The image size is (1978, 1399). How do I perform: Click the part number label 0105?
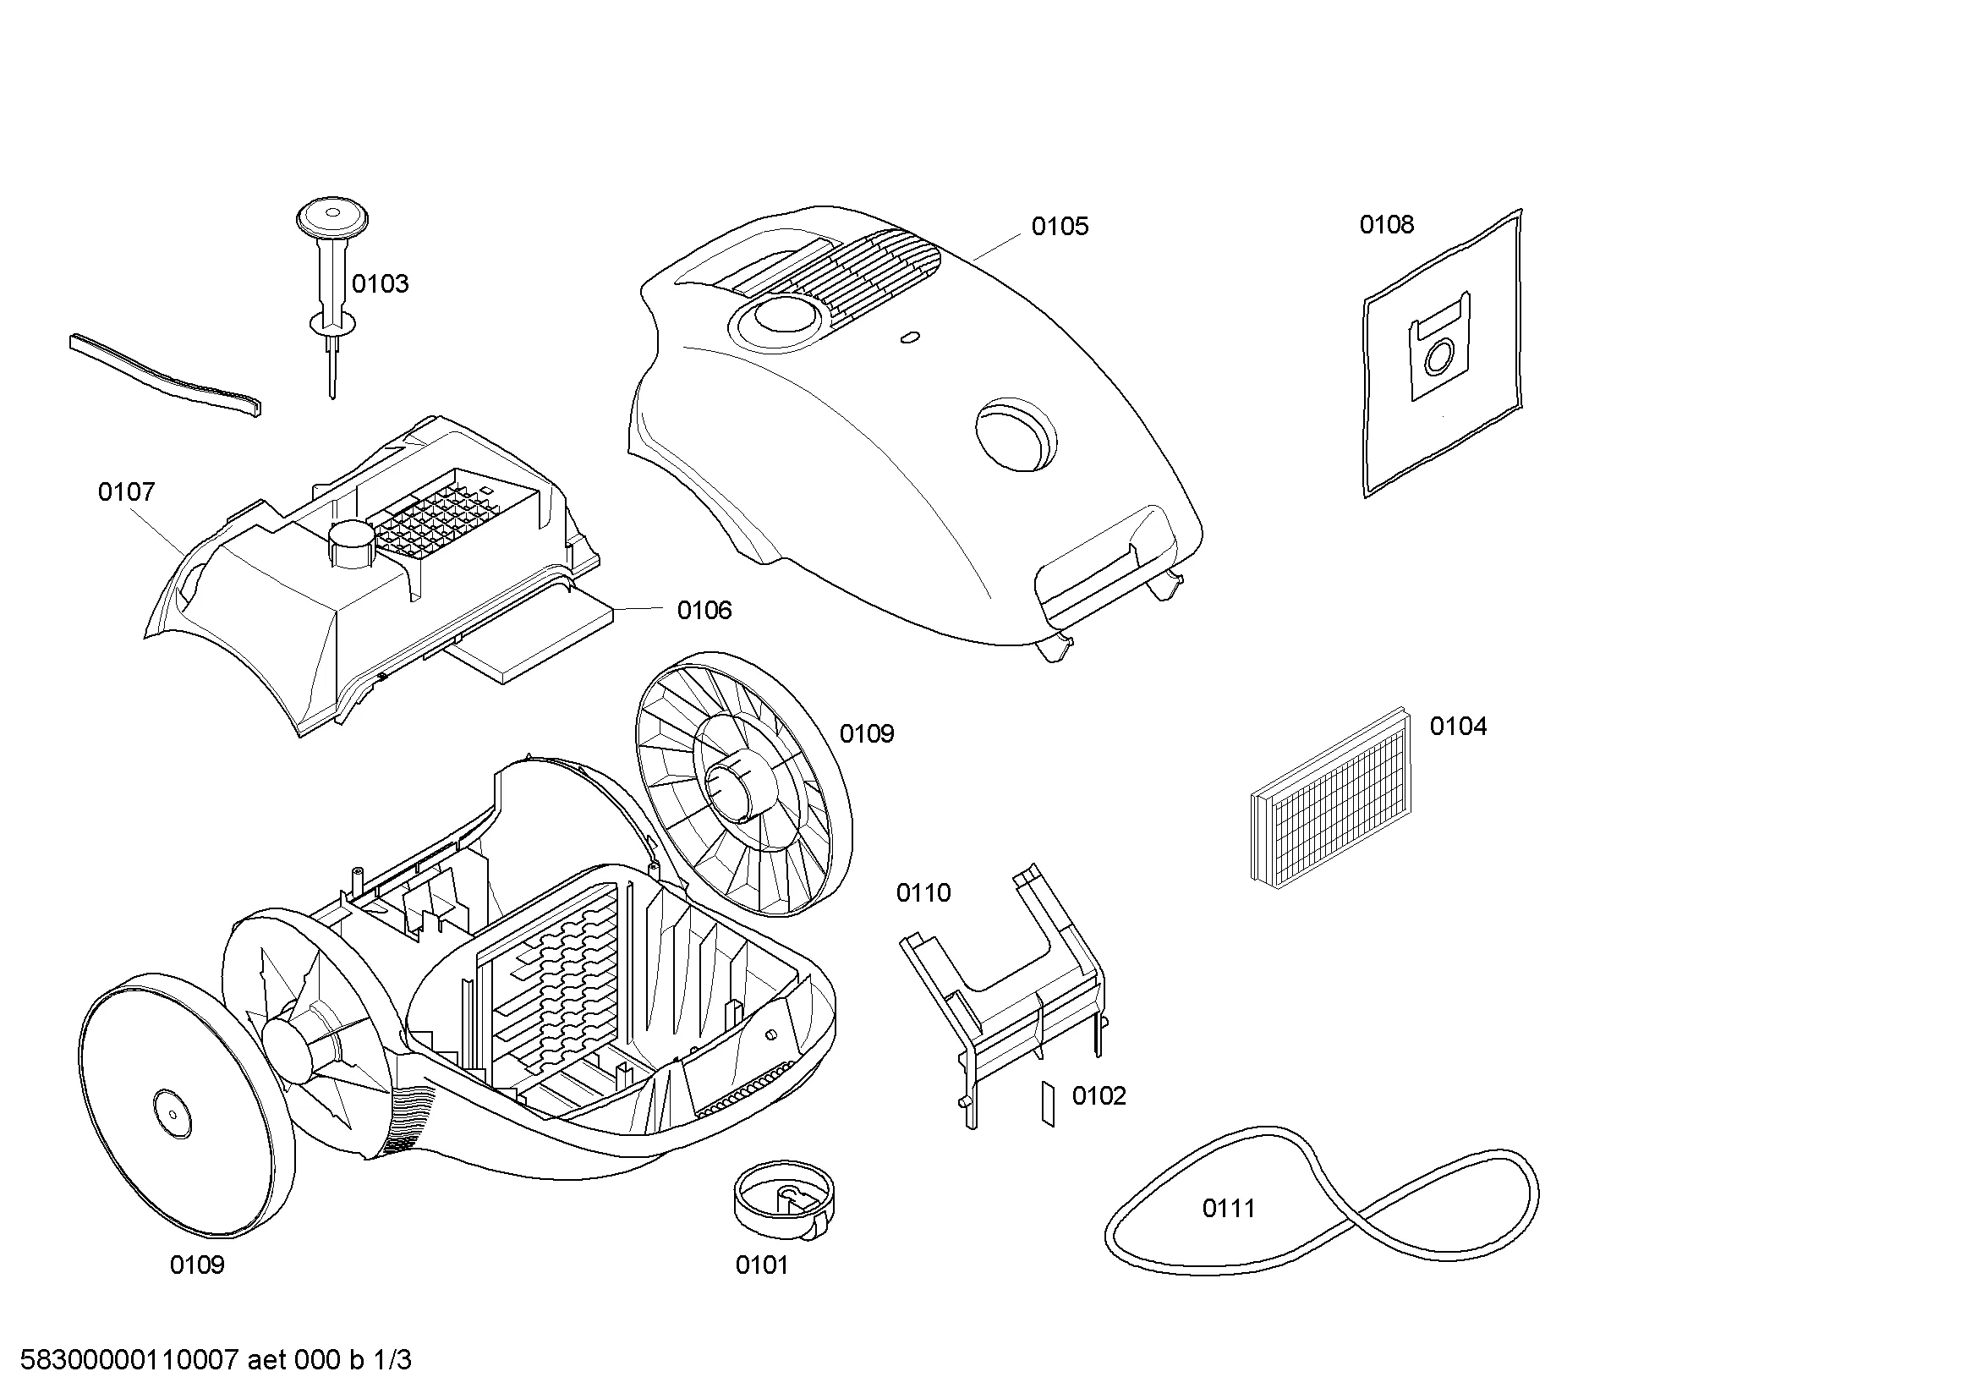point(1060,227)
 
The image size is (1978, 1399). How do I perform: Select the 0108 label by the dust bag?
point(1386,225)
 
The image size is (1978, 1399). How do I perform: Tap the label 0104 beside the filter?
point(1458,727)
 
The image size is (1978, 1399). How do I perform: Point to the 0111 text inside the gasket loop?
point(1229,1209)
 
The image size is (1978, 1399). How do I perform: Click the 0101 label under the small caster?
point(762,1265)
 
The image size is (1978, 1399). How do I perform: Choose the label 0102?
point(1099,1095)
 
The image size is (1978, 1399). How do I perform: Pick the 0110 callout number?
point(923,892)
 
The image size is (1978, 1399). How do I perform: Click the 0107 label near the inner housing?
point(127,492)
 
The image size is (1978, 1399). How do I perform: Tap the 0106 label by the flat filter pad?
point(704,611)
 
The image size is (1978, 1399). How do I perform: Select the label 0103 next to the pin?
point(380,284)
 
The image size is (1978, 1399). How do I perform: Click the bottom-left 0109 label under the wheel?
point(196,1265)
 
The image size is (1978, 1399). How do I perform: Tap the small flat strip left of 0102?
point(1048,1105)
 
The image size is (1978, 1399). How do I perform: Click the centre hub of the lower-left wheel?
point(172,1113)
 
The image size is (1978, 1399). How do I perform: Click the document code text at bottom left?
point(216,1360)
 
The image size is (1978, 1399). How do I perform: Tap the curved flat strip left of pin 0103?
point(165,375)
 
